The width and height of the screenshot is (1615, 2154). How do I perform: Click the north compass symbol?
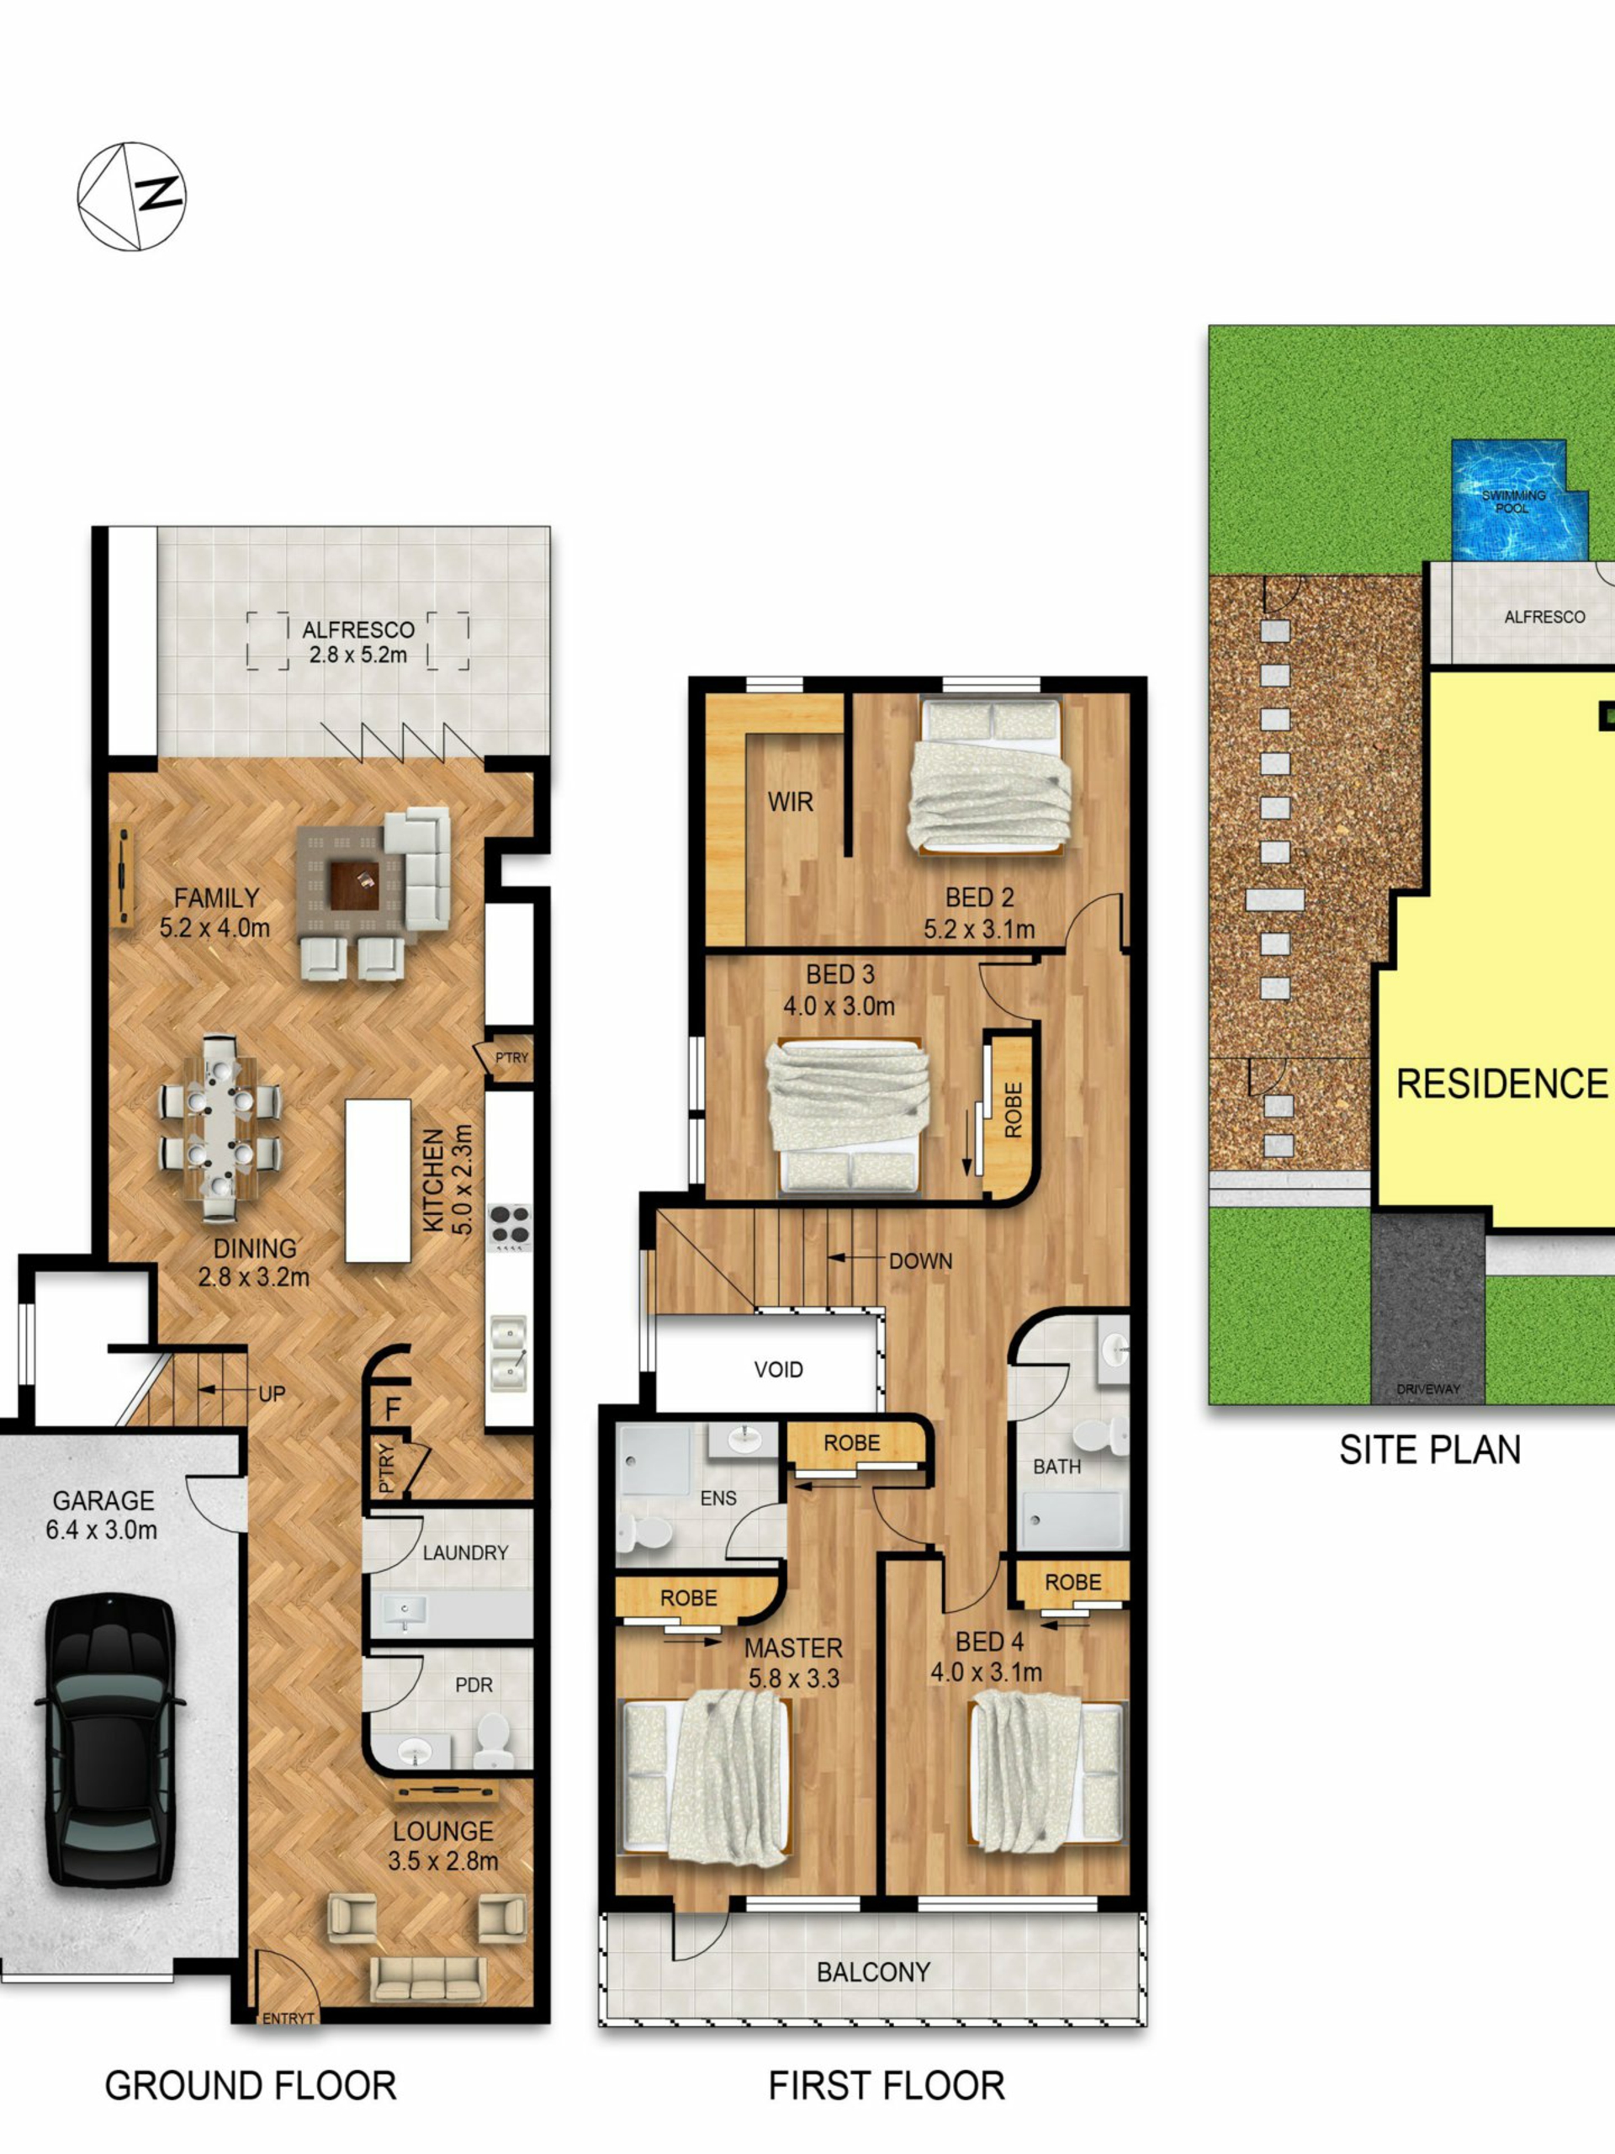(x=131, y=196)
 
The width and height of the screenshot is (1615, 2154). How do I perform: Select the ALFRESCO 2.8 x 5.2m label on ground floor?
(x=358, y=642)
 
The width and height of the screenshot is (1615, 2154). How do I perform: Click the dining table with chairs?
(x=220, y=1127)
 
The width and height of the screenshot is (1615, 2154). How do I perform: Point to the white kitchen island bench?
(x=378, y=1180)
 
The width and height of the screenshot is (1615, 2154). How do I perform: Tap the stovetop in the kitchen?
(x=509, y=1227)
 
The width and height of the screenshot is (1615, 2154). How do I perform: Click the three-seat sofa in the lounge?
(x=427, y=1981)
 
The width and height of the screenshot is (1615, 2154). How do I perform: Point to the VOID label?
(x=778, y=1370)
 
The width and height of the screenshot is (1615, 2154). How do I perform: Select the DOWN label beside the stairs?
(x=920, y=1261)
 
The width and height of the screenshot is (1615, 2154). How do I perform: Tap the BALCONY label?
(x=873, y=1972)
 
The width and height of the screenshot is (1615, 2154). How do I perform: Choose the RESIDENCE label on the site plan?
(x=1502, y=1083)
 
